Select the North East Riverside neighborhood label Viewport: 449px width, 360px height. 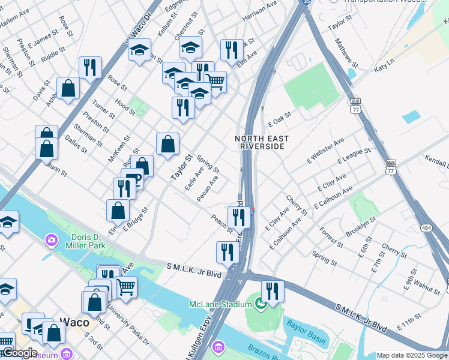[x=262, y=142]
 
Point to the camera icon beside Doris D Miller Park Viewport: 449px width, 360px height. [x=52, y=241]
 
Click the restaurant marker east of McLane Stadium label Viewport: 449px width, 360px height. [x=273, y=292]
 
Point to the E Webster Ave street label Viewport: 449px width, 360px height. [x=326, y=149]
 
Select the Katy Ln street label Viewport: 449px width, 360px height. [x=384, y=65]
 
